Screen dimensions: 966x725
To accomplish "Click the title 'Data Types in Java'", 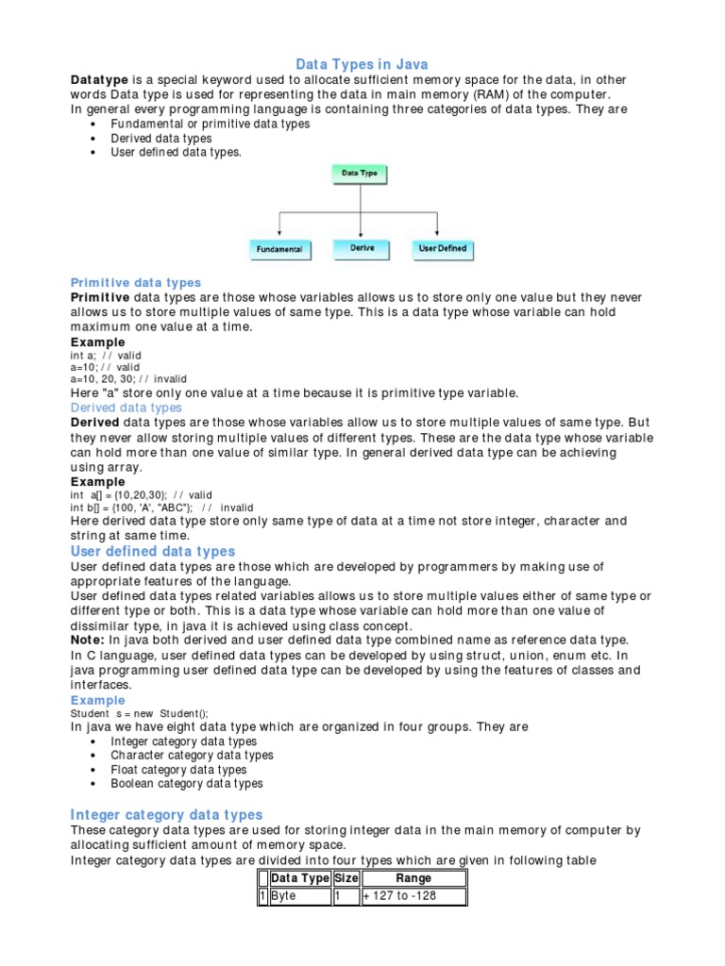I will pos(362,64).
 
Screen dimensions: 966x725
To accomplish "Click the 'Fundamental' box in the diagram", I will pos(279,249).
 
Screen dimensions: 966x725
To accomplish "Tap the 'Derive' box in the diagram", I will pos(362,248).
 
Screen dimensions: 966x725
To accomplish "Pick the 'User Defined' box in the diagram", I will pos(442,248).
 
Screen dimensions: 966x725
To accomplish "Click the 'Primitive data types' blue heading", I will pos(136,283).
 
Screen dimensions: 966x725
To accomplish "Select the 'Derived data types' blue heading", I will pos(126,408).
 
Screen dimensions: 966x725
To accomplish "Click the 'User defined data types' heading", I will pos(153,551).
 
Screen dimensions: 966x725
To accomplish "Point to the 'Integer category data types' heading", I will pos(166,814).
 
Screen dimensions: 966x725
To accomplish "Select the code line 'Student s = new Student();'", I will pos(139,713).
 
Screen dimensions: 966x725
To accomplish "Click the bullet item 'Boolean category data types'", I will pos(186,783).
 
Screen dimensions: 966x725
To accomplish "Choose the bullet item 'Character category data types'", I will pos(192,755).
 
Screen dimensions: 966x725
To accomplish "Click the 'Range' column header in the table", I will pos(413,878).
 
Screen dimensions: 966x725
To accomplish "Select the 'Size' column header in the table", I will pos(346,878).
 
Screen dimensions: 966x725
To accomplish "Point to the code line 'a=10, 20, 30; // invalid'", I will pos(129,377).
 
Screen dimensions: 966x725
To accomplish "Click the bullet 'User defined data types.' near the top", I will pos(176,152).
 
